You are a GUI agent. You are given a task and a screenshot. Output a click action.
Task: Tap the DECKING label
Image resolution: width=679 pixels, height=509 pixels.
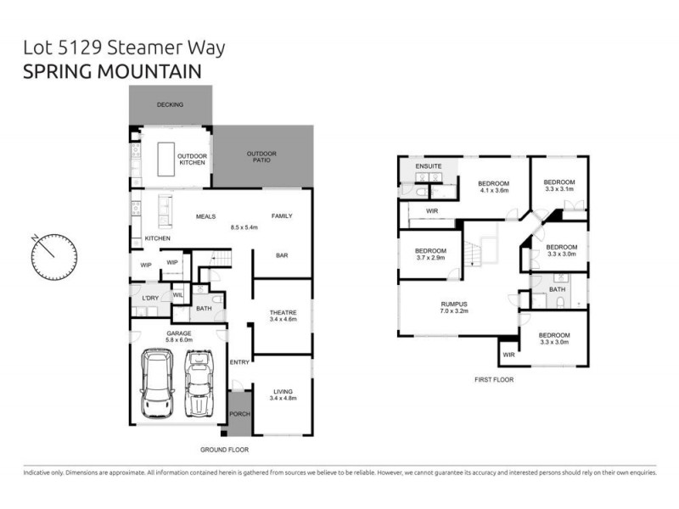171,105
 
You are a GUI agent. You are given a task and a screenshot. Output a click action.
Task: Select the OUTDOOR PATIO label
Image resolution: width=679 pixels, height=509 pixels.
261,157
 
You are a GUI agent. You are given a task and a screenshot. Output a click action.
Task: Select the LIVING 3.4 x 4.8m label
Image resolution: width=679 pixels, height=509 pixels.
282,395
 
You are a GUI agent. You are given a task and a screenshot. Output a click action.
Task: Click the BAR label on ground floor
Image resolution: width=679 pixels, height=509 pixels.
282,255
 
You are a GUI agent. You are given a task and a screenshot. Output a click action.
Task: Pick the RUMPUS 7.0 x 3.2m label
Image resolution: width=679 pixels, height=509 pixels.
454,308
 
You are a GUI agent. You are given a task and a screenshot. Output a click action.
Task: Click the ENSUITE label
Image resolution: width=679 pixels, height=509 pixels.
428,166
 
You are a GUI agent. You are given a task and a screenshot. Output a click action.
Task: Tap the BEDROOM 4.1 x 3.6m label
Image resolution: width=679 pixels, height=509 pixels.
493,187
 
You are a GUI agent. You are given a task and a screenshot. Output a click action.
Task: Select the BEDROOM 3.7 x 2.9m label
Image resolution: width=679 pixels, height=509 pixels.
430,255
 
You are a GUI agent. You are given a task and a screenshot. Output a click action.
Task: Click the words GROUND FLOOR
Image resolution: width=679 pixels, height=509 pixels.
224,450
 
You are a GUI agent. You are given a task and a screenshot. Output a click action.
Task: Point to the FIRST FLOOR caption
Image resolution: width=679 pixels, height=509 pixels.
493,380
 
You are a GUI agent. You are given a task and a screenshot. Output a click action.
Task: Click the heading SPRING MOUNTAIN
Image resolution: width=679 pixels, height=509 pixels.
112,72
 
